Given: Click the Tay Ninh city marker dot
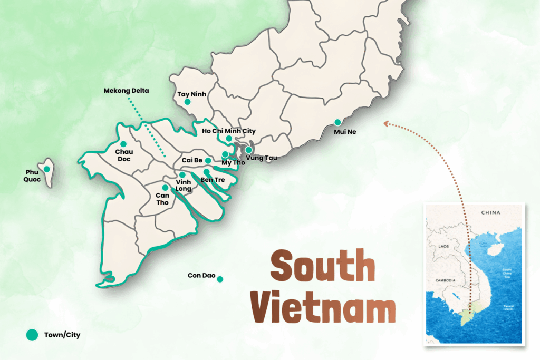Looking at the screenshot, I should (187, 102).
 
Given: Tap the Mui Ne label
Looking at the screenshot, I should (345, 132).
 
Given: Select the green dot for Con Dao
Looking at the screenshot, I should (220, 279).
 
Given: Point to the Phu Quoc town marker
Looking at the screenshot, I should (47, 169).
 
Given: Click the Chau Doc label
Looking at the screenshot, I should (123, 155).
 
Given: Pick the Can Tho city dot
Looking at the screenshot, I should (165, 188).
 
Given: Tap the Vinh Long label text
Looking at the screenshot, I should (183, 186).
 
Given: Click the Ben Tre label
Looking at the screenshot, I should (213, 180).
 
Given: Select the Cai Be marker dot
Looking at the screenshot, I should (208, 160).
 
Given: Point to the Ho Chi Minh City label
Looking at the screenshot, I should (233, 131).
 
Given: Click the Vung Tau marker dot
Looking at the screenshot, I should (248, 150).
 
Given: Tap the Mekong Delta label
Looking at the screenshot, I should (127, 91).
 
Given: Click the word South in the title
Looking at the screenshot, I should (323, 266).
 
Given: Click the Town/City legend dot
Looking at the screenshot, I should (32, 334).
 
